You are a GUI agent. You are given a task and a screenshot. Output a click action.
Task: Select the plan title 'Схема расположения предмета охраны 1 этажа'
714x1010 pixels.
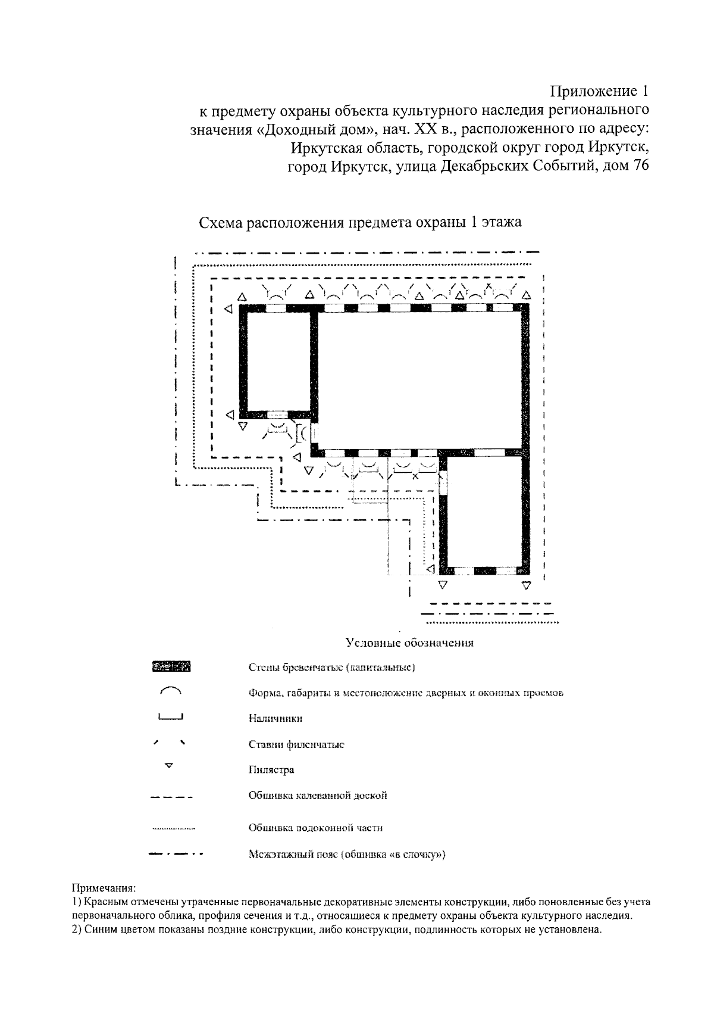360,223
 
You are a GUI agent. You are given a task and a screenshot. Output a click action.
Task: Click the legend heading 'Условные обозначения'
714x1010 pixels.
409,643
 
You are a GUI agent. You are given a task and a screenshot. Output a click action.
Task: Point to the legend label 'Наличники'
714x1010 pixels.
275,718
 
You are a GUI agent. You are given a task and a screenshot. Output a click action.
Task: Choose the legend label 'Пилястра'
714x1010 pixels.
271,770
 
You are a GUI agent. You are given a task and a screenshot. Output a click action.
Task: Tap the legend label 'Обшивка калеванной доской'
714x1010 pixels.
318,796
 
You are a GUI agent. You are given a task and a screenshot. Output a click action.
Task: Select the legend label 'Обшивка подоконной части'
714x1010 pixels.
315,828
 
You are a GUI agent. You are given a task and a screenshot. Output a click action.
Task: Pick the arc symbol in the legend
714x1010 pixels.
170,691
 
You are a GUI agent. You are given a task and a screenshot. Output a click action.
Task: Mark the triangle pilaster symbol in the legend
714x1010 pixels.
169,765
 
